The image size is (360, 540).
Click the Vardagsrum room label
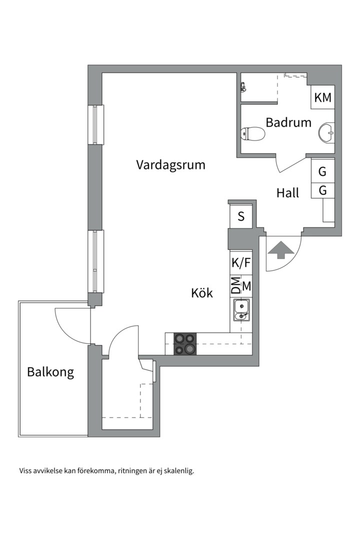170,164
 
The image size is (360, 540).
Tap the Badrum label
288,122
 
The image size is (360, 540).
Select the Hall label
287,193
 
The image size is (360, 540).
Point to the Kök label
202,293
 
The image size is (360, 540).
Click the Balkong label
50,372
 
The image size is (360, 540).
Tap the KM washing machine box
323,97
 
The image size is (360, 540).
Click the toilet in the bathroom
252,133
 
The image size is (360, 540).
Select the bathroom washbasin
326,132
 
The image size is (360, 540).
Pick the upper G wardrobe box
323,171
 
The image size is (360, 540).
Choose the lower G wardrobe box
323,190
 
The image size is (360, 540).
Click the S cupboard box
241,216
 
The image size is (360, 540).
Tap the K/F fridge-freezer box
241,263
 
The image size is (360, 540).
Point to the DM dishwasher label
235,285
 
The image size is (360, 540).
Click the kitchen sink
241,310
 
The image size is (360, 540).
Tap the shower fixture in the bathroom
243,87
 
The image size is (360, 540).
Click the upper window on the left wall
95,124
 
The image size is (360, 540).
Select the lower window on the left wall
95,261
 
